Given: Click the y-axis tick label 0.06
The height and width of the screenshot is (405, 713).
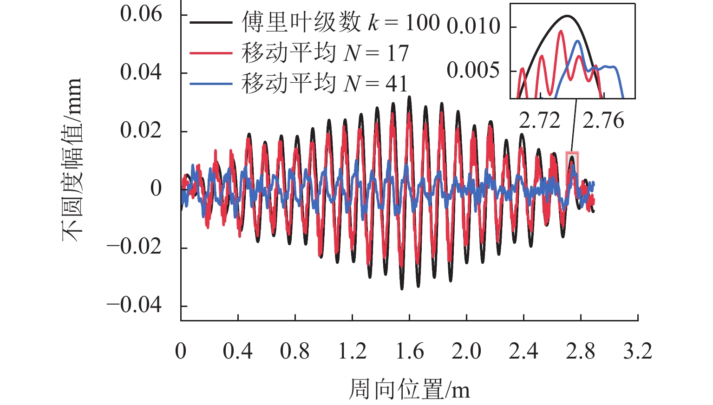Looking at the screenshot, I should (141, 14).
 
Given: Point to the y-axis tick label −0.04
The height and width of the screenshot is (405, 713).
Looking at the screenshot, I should (134, 305).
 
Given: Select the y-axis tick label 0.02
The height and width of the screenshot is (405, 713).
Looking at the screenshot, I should (141, 130).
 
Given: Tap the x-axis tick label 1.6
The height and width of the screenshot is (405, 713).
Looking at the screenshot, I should (409, 351).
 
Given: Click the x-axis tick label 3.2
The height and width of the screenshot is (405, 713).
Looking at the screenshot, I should (637, 351).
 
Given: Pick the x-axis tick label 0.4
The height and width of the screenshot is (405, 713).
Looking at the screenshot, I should (237, 351).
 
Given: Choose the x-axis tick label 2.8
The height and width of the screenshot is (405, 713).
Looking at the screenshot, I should (580, 351).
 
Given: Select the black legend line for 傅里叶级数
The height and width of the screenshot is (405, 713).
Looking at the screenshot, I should (211, 22).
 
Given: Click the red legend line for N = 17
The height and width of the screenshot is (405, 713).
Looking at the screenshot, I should (211, 53).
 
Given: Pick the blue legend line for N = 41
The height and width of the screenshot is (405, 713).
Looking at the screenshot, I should (211, 84).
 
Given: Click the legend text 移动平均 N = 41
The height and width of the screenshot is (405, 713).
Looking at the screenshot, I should (324, 84).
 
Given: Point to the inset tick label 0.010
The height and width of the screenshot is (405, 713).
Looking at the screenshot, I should (473, 26).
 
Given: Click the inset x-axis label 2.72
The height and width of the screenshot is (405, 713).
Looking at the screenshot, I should (539, 121).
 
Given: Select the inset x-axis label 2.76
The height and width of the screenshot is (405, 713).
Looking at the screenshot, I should (603, 121).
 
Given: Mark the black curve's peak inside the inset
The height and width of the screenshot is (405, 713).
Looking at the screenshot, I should (567, 16).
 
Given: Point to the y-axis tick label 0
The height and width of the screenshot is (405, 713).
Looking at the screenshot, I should (156, 189).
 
